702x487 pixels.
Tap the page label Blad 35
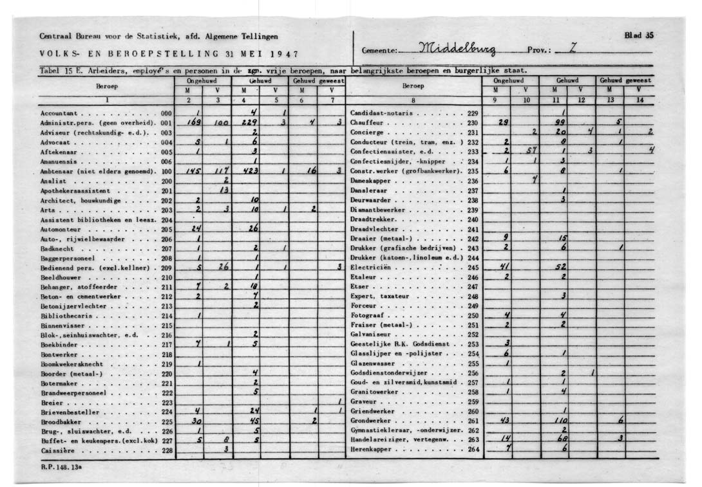pos(639,35)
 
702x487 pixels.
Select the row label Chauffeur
pos(366,122)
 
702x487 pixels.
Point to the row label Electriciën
pos(370,267)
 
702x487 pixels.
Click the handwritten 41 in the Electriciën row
pos(506,267)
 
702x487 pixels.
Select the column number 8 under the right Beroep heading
pos(413,100)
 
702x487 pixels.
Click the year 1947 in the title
pos(285,53)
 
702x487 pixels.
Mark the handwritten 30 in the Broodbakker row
pos(196,421)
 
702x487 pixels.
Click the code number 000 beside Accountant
pos(166,113)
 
